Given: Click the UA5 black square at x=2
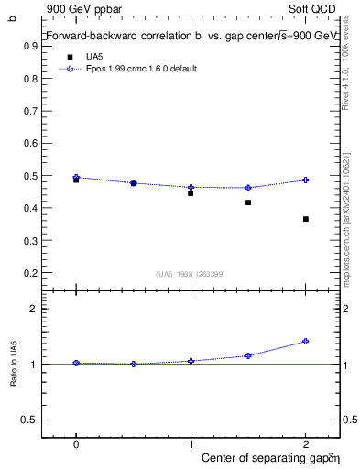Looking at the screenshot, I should (x=305, y=219).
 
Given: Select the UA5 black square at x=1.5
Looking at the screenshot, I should (x=248, y=202).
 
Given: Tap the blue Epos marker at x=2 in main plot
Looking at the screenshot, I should (x=305, y=180).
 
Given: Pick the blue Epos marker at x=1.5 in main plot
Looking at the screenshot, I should (x=248, y=188).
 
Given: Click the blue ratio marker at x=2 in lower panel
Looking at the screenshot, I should (x=305, y=341).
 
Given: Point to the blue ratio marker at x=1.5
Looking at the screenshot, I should (x=248, y=355).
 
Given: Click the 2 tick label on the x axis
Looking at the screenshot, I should (x=305, y=442).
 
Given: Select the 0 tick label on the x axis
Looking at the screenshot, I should (x=76, y=442).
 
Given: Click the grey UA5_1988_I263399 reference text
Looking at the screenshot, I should (x=190, y=274).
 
